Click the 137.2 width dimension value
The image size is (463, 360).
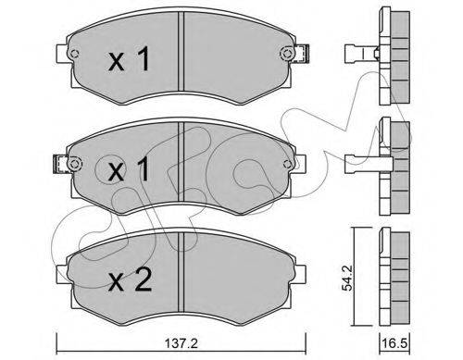coord(181,343)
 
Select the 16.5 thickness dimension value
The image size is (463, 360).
coord(394,343)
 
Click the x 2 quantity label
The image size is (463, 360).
coord(130,280)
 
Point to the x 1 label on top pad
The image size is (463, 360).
coord(129,58)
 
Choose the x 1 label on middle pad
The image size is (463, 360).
coord(129,168)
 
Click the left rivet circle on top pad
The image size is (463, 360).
coord(74,54)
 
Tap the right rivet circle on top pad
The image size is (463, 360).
coord(287,54)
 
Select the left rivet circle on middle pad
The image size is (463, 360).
coord(74,164)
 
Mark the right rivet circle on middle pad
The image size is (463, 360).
coord(287,164)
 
